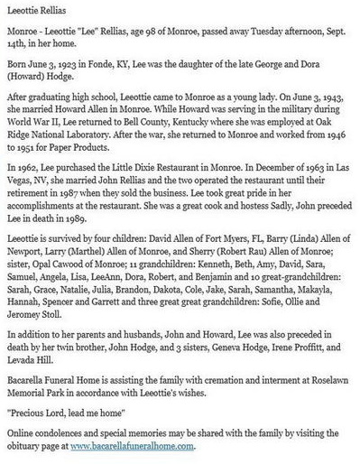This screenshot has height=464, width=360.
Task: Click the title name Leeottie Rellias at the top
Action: click(x=36, y=8)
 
